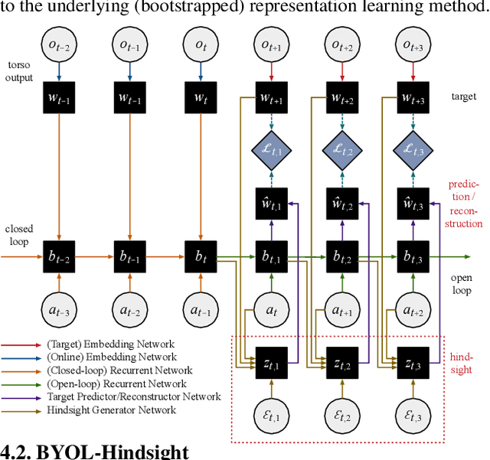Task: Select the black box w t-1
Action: [129, 98]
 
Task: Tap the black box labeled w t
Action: [200, 98]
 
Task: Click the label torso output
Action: [18, 71]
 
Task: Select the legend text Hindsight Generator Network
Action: [122, 409]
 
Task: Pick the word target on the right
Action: [462, 98]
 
